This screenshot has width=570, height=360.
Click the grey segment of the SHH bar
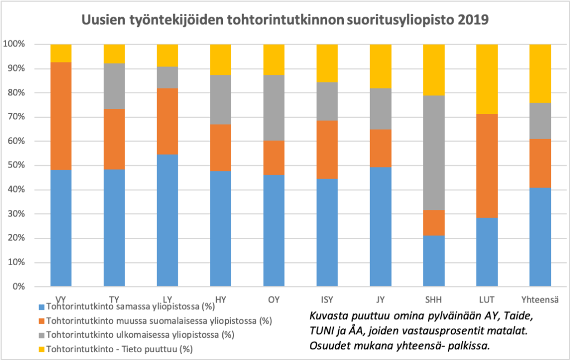tap(434, 153)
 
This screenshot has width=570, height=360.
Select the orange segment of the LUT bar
tap(487, 166)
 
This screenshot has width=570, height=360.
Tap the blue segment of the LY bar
tap(167, 220)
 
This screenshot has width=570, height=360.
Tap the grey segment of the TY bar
tap(114, 86)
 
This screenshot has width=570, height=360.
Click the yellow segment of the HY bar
tap(221, 59)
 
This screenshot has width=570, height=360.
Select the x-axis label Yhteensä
tap(540, 300)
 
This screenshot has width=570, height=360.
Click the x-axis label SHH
tap(434, 300)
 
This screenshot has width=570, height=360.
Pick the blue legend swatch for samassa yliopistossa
tap(42, 306)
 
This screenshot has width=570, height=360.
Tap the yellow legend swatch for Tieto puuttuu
tap(42, 349)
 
